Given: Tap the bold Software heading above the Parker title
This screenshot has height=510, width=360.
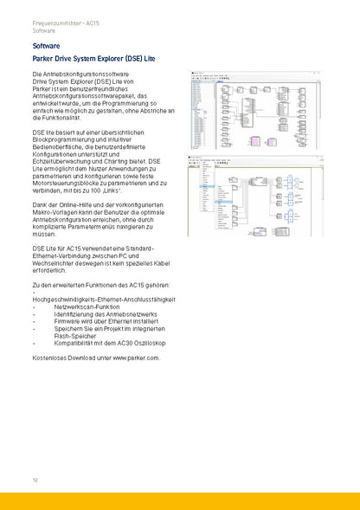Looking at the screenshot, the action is click(x=46, y=43).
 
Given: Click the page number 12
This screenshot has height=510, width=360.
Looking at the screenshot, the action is click(x=35, y=480).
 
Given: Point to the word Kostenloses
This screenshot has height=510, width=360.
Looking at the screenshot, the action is click(x=48, y=357).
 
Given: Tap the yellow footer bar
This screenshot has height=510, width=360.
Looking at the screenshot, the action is click(x=180, y=500).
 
